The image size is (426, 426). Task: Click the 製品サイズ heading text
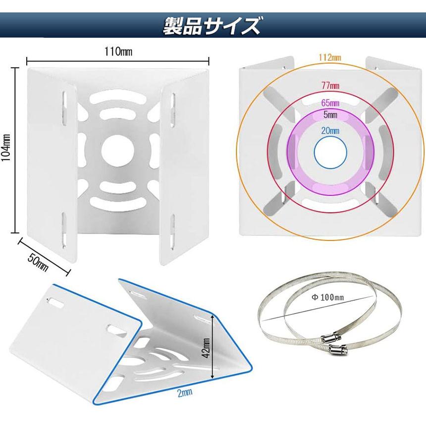point(211,26)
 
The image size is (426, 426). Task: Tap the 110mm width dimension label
point(118,52)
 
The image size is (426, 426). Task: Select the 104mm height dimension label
point(6,147)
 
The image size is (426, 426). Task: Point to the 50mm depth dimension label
point(38,263)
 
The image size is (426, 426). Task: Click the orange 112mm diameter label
point(330,57)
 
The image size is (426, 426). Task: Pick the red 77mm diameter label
point(330,86)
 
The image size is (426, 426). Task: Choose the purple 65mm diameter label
point(330,103)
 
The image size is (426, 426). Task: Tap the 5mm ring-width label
point(330,114)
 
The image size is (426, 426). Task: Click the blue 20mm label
point(330,131)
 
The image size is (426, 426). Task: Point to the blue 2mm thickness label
point(185,392)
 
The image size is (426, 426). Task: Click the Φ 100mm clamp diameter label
point(327,297)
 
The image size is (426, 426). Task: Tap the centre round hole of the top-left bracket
point(118,151)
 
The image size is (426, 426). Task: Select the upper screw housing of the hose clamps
point(331,338)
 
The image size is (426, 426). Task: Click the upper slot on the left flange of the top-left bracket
point(64,108)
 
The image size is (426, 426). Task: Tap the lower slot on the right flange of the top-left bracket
point(172,232)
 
